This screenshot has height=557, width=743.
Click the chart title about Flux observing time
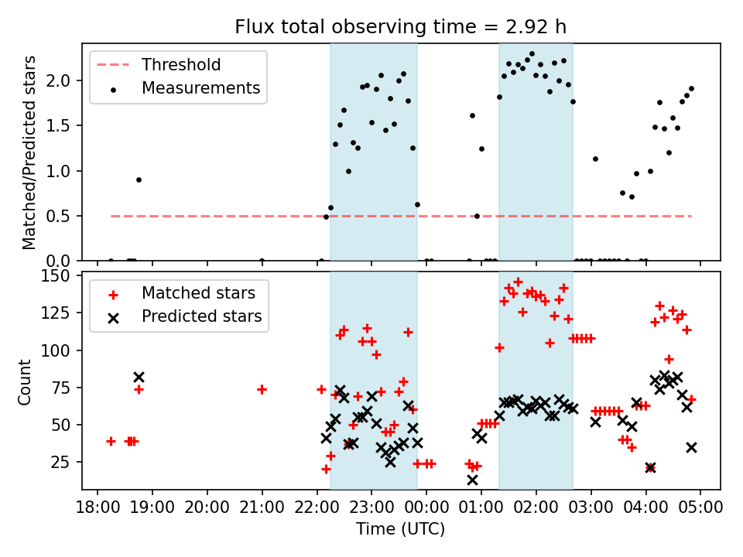[401, 27]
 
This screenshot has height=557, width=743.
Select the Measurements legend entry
[200, 88]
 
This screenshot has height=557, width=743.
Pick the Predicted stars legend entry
[201, 316]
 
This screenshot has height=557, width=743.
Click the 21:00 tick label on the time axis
[262, 508]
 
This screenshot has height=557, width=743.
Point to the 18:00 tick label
[98, 508]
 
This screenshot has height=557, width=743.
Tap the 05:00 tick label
[700, 508]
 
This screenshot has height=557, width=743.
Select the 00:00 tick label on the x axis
[426, 508]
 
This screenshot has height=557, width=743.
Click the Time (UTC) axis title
[401, 530]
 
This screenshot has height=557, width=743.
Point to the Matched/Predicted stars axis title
[29, 152]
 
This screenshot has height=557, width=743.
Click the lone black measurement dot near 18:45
[139, 179]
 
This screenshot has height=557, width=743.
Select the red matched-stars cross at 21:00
[262, 389]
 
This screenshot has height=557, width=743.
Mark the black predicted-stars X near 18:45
[139, 378]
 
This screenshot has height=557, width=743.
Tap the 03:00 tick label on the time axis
[591, 508]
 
